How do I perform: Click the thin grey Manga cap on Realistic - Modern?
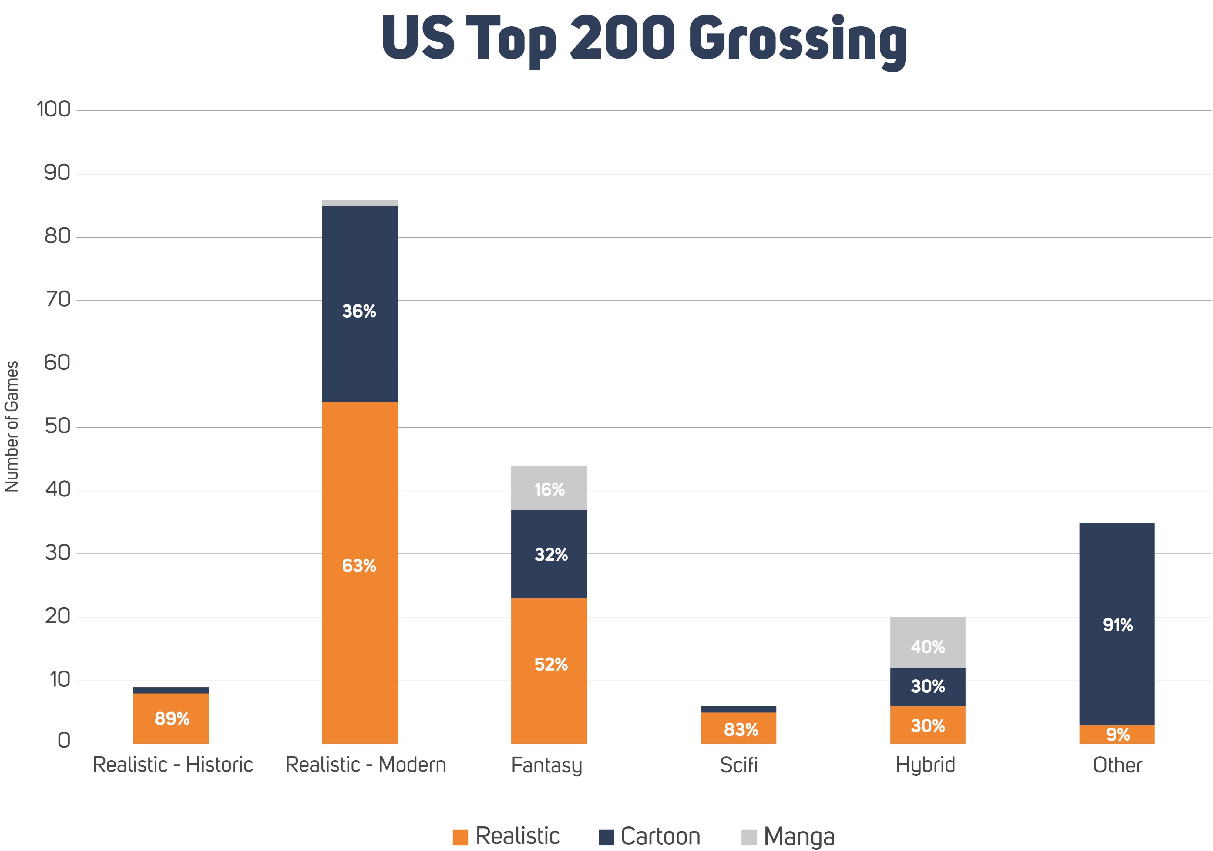(360, 202)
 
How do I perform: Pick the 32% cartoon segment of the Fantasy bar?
(549, 554)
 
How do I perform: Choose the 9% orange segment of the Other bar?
(1117, 734)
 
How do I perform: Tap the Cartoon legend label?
(660, 836)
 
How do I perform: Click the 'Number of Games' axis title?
(12, 426)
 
